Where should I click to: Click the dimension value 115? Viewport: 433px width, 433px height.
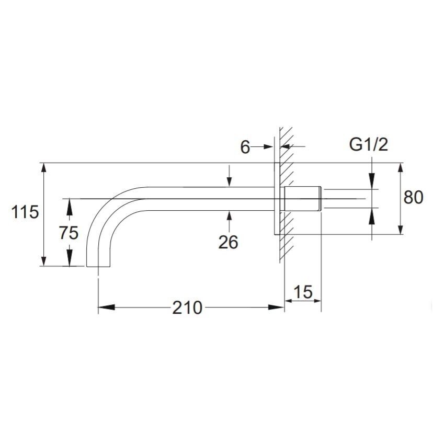click(x=25, y=212)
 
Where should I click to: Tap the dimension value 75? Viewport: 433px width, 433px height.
click(x=69, y=233)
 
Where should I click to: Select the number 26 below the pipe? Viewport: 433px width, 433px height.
click(x=228, y=242)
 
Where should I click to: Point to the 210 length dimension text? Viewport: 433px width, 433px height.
click(x=187, y=307)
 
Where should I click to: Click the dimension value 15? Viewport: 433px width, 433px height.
click(x=303, y=292)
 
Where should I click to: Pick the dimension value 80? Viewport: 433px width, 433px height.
click(x=414, y=197)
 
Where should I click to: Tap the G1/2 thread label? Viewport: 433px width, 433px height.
click(x=369, y=144)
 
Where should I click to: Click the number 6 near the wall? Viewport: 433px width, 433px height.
click(x=245, y=147)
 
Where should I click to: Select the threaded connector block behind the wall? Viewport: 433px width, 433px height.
click(x=303, y=199)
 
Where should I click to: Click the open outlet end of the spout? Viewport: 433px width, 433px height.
click(x=99, y=267)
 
